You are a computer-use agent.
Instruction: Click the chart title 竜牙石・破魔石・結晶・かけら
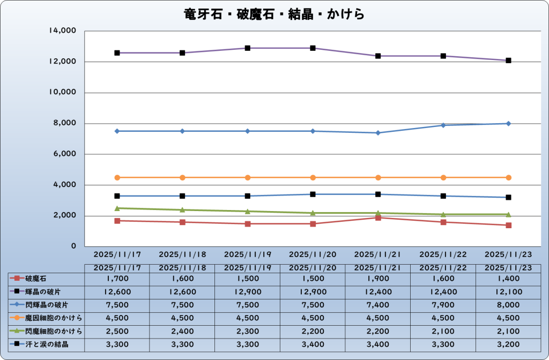coord(274,14)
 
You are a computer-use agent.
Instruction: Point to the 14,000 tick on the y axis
coord(63,31)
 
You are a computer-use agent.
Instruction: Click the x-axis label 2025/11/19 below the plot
coord(247,254)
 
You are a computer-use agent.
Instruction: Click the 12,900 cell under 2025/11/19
coord(247,292)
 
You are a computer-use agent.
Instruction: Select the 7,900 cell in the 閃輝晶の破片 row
coord(443,305)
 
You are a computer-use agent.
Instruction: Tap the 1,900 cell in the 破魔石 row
coord(378,279)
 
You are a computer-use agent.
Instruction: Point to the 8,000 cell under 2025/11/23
coord(508,305)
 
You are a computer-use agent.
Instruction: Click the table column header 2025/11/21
coord(378,267)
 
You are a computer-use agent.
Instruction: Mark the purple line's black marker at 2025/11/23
coord(508,61)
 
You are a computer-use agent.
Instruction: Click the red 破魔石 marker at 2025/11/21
coord(378,217)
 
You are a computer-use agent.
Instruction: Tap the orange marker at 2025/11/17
coord(117,177)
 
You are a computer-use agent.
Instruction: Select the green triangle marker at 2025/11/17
coord(117,208)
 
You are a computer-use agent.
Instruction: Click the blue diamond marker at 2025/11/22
coord(443,125)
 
